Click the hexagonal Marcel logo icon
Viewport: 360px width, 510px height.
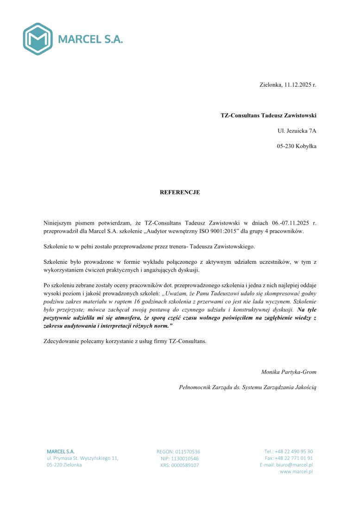click(x=38, y=39)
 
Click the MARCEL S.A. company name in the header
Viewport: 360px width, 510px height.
click(x=90, y=39)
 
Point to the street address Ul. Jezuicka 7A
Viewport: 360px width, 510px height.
click(x=297, y=131)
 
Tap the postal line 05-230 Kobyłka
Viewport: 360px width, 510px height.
click(x=297, y=146)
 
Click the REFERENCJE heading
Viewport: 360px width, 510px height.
click(x=180, y=192)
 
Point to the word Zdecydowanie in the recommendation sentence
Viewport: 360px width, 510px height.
click(x=61, y=341)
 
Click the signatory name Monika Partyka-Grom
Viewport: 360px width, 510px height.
click(x=289, y=371)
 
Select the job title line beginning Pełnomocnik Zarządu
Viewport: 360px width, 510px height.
click(x=247, y=387)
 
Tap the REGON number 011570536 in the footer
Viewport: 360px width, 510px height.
click(x=188, y=452)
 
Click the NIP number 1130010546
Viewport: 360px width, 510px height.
click(x=185, y=459)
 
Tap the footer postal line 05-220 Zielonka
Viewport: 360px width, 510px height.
click(x=64, y=465)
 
